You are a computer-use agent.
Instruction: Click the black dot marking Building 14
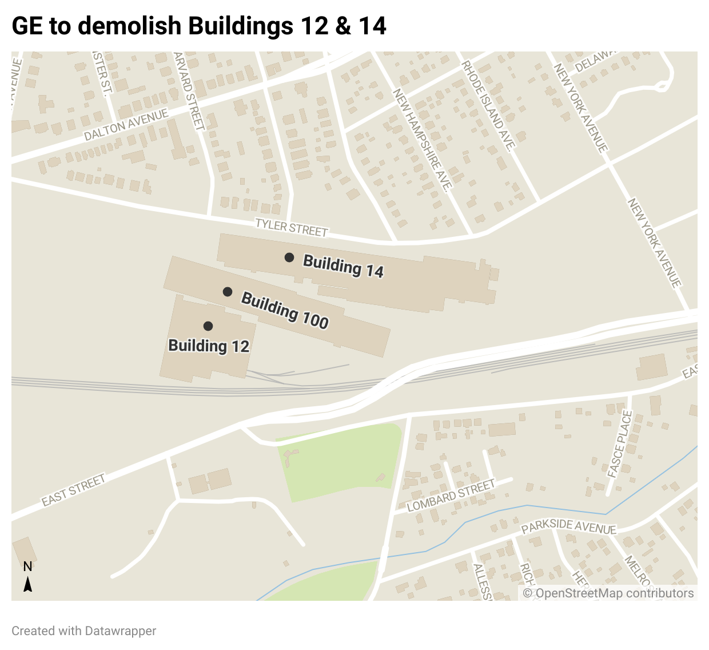point(289,257)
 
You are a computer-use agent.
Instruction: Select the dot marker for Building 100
point(228,292)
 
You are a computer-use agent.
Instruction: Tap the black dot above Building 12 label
point(208,326)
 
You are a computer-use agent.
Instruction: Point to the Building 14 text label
point(343,266)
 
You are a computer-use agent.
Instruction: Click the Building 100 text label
point(285,310)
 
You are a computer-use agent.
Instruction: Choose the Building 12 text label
point(209,346)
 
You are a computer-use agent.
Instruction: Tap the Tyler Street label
point(292,227)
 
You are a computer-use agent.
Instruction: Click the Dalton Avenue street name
point(126,124)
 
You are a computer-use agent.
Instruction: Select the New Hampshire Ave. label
point(422,140)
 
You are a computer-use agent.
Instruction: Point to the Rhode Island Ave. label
point(488,106)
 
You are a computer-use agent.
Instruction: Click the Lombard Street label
point(451,496)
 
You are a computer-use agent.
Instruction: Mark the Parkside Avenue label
point(569,527)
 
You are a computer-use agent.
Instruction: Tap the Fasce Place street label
point(620,445)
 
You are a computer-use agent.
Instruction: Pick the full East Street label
point(73,490)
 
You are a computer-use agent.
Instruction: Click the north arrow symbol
point(27,584)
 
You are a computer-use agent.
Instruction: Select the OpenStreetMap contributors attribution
point(608,593)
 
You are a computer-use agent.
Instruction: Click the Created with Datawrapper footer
point(84,631)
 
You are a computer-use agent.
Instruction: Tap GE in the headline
point(27,26)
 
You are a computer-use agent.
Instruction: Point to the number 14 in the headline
point(372,26)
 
